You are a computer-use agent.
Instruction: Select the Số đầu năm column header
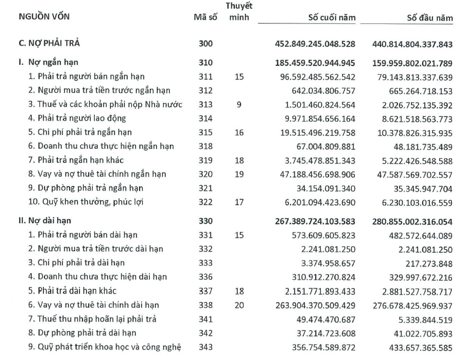430,18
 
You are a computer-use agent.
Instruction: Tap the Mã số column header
205,18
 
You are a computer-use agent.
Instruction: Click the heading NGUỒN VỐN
44,18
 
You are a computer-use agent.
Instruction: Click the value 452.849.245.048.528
315,44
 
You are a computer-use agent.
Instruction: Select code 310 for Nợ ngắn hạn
205,63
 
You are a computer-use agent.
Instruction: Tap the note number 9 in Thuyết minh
239,104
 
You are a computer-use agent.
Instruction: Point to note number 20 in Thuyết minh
239,305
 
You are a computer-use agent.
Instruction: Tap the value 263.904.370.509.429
315,305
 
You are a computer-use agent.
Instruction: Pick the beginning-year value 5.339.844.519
425,319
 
